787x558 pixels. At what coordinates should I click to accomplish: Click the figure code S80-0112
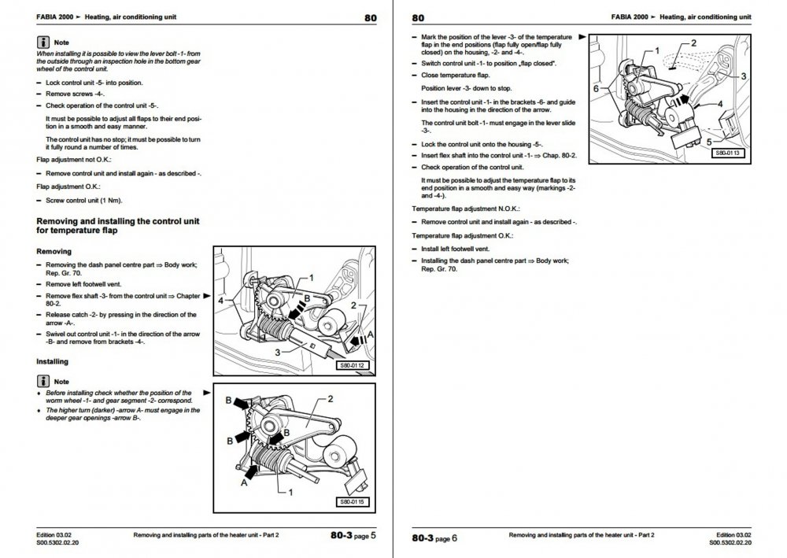[x=352, y=365]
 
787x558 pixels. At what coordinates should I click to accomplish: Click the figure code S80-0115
[x=352, y=502]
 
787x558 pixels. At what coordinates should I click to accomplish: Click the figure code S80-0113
[x=728, y=153]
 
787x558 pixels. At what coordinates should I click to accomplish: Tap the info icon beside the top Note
[x=43, y=42]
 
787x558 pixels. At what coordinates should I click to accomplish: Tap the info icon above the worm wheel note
[x=43, y=381]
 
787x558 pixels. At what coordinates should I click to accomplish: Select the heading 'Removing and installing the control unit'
[x=118, y=221]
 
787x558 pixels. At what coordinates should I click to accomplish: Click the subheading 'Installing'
[x=52, y=361]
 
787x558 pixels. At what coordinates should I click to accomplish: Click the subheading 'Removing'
[x=54, y=251]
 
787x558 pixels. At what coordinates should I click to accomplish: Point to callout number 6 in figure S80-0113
[x=596, y=89]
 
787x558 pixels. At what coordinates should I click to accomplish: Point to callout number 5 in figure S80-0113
[x=709, y=142]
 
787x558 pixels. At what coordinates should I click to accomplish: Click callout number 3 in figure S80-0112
[x=278, y=353]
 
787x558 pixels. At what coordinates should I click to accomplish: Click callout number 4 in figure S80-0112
[x=221, y=301]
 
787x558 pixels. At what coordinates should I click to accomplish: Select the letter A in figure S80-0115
[x=244, y=482]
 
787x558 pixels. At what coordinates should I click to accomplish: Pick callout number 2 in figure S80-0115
[x=331, y=399]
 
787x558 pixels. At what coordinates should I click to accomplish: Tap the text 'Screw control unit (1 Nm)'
[x=84, y=200]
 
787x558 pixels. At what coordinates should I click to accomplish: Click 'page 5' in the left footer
[x=365, y=536]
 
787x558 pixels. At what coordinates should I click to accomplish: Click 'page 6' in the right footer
[x=446, y=538]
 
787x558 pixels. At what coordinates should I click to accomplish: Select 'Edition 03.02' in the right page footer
[x=733, y=535]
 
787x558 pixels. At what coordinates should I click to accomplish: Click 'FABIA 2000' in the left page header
[x=55, y=17]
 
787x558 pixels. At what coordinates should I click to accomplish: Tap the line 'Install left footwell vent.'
[x=455, y=249]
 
